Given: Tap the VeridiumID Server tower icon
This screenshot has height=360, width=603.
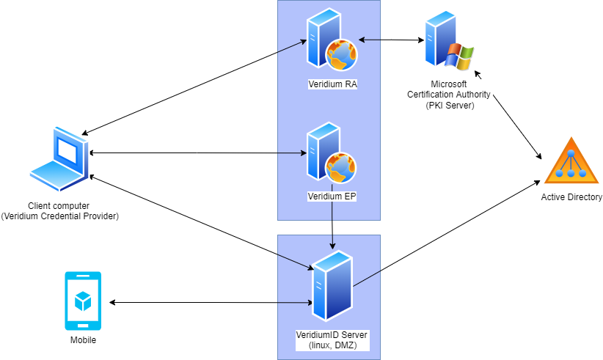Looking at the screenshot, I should tap(332, 286).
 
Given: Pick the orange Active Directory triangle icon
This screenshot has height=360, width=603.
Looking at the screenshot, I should tap(571, 161).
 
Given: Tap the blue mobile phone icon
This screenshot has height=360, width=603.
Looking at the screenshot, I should tap(83, 301).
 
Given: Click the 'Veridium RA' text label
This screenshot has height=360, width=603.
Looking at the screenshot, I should tap(332, 84).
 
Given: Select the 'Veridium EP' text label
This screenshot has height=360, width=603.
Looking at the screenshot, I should tap(332, 196).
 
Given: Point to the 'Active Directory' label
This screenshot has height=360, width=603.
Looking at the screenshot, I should tap(571, 197).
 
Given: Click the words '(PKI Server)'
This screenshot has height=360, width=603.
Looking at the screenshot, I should tap(450, 105).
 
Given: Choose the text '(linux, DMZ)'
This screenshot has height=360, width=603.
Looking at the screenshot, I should tap(332, 345).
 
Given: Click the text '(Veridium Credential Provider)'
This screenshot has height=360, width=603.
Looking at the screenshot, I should tap(59, 216).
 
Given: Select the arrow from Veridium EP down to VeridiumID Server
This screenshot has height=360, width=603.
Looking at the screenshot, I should tap(333, 227).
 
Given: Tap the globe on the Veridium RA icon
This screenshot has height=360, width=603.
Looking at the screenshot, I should tap(342, 54).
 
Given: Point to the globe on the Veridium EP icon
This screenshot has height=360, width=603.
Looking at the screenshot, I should tap(342, 168).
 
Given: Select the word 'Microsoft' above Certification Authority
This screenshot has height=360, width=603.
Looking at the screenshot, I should tap(450, 85).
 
